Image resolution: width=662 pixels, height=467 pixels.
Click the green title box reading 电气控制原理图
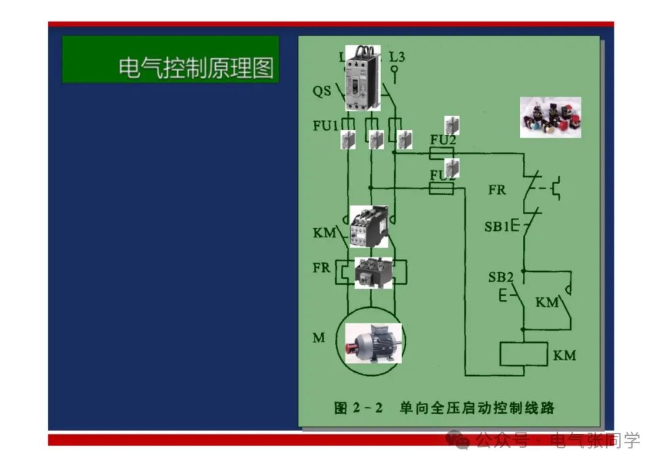pos(170,59)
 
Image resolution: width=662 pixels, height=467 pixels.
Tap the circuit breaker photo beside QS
pos(362,78)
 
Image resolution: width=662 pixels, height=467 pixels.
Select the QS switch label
pos(322,92)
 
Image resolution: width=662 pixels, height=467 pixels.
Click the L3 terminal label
pos(397,57)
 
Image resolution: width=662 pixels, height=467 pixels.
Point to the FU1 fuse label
pos(325,126)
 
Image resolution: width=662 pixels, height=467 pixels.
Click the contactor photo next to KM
pos(369,226)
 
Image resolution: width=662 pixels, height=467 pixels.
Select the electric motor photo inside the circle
pos(373,343)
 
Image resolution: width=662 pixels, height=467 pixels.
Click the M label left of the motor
pos(319,338)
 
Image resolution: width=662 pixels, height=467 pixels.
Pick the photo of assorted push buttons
pos(550,117)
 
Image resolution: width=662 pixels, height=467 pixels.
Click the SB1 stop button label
pos(497,226)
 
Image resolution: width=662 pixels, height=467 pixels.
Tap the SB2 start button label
pos(501,277)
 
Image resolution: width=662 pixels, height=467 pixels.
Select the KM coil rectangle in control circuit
pos(523,354)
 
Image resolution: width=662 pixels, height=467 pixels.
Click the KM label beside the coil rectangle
pos(564,355)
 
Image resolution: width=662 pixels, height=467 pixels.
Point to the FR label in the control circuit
pos(497,190)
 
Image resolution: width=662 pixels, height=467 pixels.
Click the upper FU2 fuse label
pos(443,140)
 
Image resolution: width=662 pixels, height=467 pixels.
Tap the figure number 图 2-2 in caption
pos(359,408)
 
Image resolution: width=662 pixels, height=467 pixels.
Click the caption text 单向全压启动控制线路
pos(477,408)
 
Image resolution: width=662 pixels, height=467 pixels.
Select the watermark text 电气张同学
pos(595,439)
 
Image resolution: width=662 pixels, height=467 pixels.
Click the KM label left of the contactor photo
pos(324,233)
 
